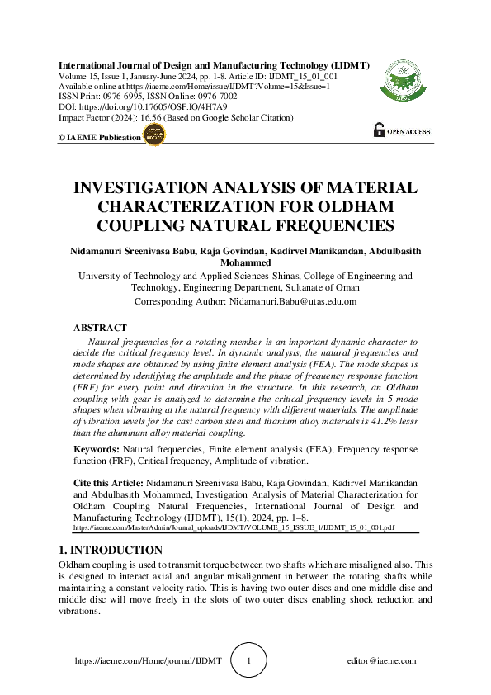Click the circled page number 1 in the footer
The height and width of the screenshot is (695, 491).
[x=249, y=661]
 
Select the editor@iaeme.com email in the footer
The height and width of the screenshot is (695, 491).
[x=382, y=661]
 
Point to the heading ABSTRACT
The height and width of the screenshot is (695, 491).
[x=101, y=328]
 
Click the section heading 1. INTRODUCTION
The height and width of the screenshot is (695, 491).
[x=110, y=550]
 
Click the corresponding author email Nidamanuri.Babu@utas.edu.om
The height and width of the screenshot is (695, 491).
[x=292, y=301]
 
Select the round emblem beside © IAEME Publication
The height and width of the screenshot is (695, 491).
[x=154, y=135]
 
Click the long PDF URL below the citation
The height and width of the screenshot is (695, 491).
[x=234, y=526]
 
